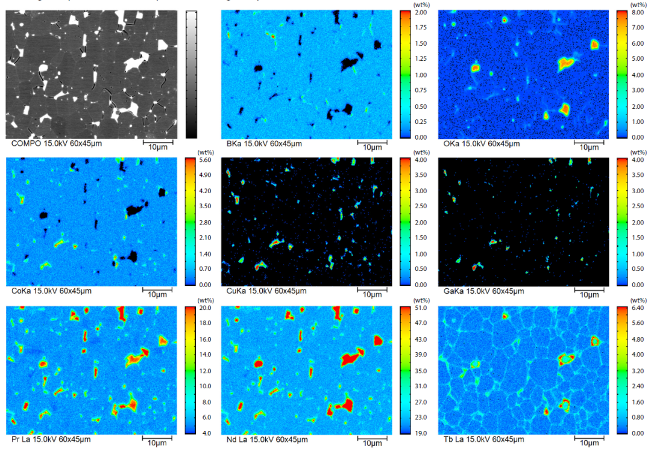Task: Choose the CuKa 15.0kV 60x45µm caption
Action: pyautogui.click(x=264, y=291)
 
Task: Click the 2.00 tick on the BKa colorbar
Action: pyautogui.click(x=421, y=12)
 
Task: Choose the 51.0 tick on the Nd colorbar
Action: pyautogui.click(x=421, y=308)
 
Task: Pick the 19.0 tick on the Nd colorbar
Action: pyautogui.click(x=421, y=433)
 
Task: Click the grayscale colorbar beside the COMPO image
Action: pyautogui.click(x=191, y=74)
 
